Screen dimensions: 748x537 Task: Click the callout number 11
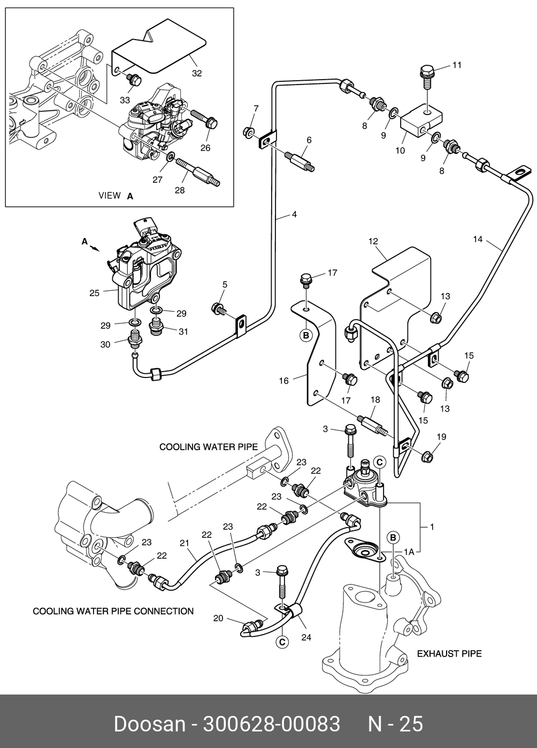[457, 65]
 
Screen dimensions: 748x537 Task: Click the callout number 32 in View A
[197, 73]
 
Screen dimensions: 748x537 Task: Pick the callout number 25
[94, 292]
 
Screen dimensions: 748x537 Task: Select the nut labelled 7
[249, 132]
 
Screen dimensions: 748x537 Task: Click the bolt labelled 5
[218, 308]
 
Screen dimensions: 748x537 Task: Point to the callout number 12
[373, 242]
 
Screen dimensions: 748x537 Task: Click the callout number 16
[283, 381]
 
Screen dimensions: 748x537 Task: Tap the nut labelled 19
[427, 457]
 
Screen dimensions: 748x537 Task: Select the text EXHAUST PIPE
[449, 653]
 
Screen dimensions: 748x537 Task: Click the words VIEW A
[116, 196]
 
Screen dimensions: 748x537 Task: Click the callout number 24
[306, 637]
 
